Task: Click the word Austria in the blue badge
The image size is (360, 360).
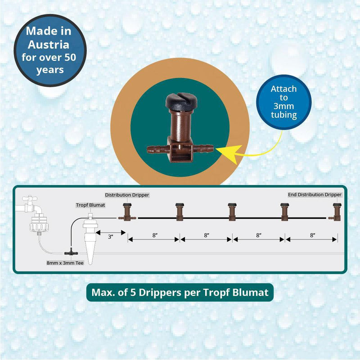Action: [47, 45]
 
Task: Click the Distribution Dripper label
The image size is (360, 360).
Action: [127, 195]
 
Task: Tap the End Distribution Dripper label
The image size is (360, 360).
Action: [315, 195]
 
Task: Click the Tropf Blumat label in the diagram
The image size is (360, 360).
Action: [91, 205]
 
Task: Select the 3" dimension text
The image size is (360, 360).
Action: [110, 236]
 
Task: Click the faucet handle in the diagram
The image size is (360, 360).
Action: [31, 199]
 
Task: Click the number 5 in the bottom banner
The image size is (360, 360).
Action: [133, 292]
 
